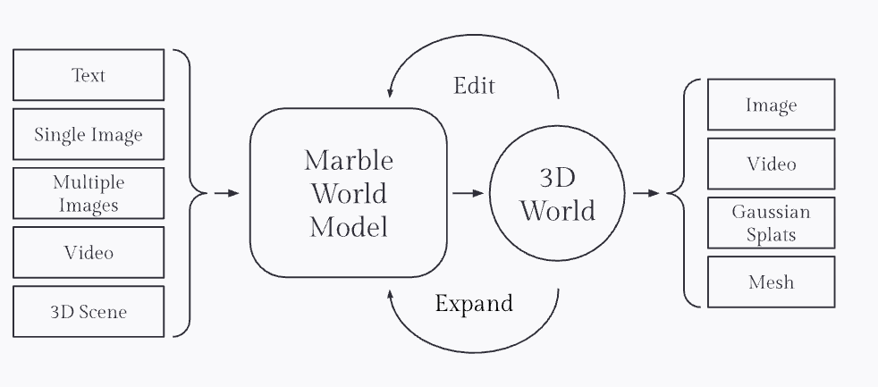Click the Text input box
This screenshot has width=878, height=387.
[89, 75]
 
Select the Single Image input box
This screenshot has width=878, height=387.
[89, 135]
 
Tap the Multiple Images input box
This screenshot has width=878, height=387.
[89, 193]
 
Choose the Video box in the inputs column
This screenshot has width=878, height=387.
[89, 252]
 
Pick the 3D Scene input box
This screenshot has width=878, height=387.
[89, 312]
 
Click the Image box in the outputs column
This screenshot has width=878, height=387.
[771, 105]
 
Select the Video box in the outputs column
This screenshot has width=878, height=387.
[771, 164]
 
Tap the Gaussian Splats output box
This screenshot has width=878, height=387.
[771, 223]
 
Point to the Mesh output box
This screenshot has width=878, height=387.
[771, 282]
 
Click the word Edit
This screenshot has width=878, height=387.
[474, 86]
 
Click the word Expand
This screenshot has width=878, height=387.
[474, 304]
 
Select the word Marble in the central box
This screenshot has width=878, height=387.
[349, 160]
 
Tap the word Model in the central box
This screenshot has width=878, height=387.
[349, 227]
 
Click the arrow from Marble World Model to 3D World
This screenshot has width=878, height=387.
[468, 192]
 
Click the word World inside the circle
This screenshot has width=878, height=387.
[557, 211]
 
